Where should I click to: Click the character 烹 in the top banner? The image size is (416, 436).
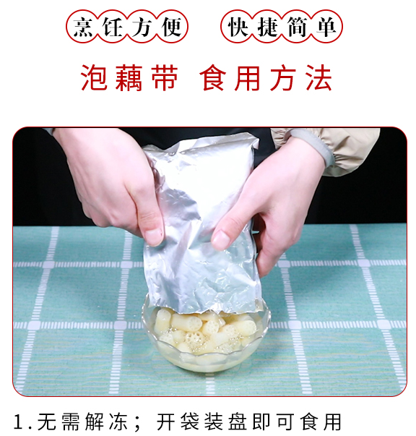83,27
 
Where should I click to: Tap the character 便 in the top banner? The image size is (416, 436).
171,27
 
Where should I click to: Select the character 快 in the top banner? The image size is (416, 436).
238,27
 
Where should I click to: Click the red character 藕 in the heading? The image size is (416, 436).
129,78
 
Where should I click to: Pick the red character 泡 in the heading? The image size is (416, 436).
94,78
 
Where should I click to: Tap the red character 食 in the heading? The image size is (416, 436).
213,78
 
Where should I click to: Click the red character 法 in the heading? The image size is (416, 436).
319,78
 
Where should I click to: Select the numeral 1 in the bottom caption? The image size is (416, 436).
19,422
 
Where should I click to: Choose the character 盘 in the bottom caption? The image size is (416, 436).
238,422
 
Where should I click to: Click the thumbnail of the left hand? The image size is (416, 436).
154,237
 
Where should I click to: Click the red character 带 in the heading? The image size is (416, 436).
164,78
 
